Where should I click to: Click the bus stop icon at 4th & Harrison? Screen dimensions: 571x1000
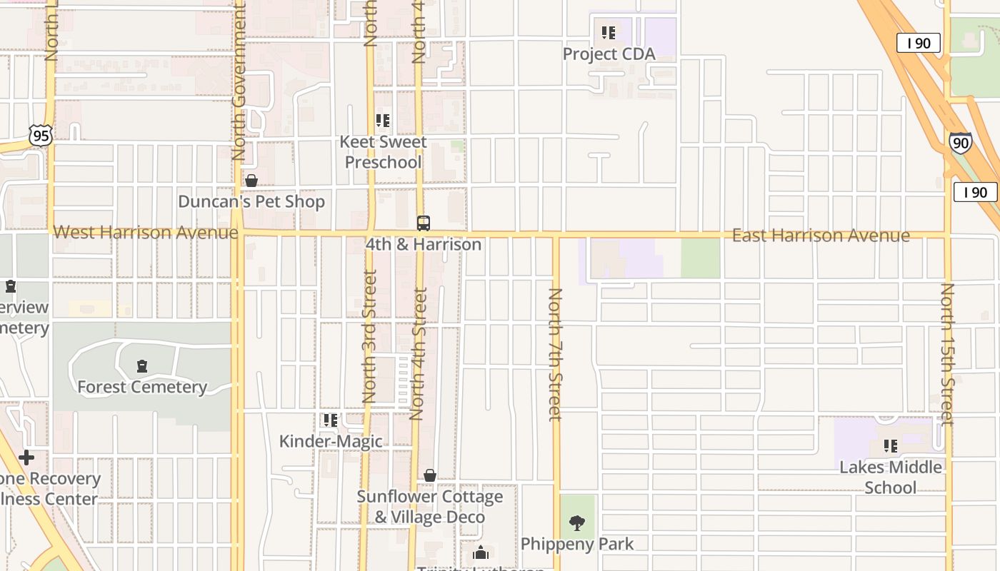click(x=424, y=223)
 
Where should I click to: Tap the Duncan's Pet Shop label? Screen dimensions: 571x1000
click(x=251, y=202)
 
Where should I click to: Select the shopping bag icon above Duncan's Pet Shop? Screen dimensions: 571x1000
click(x=251, y=181)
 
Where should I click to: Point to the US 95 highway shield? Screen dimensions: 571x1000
click(x=41, y=135)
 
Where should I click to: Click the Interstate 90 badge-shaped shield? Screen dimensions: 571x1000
click(x=961, y=143)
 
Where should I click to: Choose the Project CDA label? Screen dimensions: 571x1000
click(x=609, y=54)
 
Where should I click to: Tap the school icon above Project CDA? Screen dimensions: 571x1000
click(x=609, y=33)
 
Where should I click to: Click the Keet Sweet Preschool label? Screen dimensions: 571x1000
click(x=383, y=152)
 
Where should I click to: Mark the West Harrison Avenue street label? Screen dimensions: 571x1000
click(x=146, y=233)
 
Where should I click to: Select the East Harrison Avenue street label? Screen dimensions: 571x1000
click(x=821, y=236)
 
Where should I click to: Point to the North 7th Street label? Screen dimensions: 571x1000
click(x=556, y=354)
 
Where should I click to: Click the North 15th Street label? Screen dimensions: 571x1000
click(x=947, y=354)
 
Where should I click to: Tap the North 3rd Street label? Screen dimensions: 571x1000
click(x=369, y=335)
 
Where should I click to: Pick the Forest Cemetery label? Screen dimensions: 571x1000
click(x=142, y=387)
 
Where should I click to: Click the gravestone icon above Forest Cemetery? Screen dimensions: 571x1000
click(x=142, y=367)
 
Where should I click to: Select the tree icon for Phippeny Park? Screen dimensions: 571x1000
click(x=577, y=523)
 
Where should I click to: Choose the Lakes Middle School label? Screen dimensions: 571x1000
click(x=890, y=477)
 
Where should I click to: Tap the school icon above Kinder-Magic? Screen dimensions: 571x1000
click(x=330, y=420)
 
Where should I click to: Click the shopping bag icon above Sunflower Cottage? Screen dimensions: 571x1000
click(x=430, y=475)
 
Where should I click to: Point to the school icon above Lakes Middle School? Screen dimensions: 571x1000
click(x=890, y=446)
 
